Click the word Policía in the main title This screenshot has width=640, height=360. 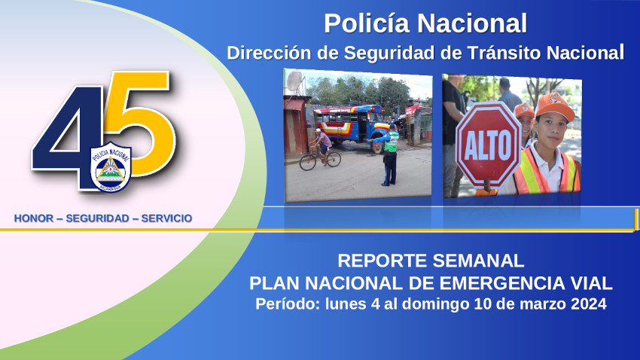click(x=366, y=23)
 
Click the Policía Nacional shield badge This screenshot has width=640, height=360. click(x=111, y=167)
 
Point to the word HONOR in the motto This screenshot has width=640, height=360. click(x=34, y=218)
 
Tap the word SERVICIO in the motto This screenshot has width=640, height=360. click(x=166, y=218)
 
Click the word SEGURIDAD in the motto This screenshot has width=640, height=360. click(x=98, y=218)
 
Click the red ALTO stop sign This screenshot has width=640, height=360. click(x=488, y=145)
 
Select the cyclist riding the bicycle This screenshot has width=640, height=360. click(x=322, y=145)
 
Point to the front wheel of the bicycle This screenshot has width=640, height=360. click(x=308, y=162)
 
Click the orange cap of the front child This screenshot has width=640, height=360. click(x=554, y=105)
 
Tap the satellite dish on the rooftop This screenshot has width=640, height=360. click(x=294, y=81)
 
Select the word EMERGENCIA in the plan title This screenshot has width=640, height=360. click(x=492, y=283)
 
